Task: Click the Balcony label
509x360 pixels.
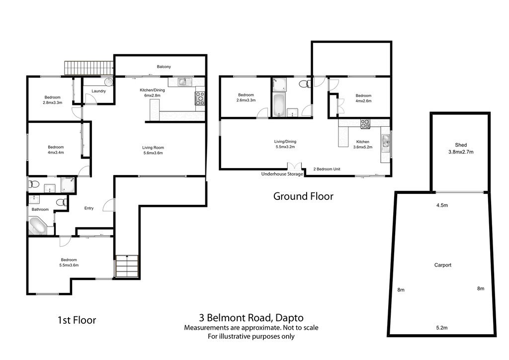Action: [164, 67]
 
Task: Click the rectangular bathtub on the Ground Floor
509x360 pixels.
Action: [278, 104]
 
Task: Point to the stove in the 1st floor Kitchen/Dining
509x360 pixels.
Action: [200, 98]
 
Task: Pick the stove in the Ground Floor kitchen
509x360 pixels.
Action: [365, 124]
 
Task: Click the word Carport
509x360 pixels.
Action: [442, 265]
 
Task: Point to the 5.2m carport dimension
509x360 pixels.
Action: [441, 328]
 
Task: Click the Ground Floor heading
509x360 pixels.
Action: [303, 196]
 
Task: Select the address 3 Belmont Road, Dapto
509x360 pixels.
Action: [251, 317]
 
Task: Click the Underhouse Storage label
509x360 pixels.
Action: [282, 174]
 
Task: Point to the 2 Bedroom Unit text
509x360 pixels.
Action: [326, 169]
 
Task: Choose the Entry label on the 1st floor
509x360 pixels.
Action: [88, 208]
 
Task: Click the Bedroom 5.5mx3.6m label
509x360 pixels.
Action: [69, 263]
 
